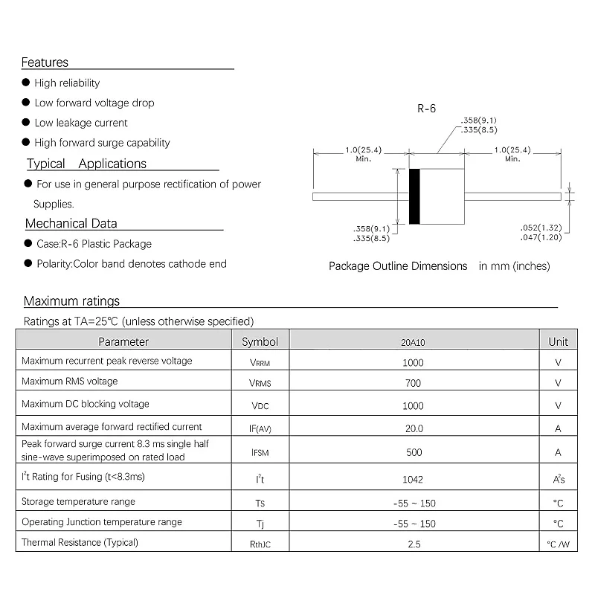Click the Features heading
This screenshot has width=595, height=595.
tap(45, 62)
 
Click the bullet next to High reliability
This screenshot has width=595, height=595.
tap(26, 83)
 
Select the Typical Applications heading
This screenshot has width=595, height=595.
tap(86, 164)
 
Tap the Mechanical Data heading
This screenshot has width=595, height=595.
tap(71, 223)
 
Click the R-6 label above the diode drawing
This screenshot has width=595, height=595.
tap(426, 109)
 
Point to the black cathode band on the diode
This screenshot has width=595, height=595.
tap(414, 196)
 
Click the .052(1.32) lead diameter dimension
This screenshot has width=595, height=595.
tap(541, 228)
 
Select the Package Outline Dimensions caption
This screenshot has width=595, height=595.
tap(398, 266)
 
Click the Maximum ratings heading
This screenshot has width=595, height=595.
tap(71, 301)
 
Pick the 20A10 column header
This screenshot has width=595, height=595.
tap(414, 342)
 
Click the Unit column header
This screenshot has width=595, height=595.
tap(558, 341)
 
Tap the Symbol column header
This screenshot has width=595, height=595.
tap(260, 341)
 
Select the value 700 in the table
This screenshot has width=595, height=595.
tap(414, 384)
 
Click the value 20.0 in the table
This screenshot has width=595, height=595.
tap(414, 428)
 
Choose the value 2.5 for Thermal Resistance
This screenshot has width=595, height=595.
tap(414, 544)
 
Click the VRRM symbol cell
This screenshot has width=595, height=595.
tap(260, 363)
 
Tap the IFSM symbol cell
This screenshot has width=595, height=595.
tap(260, 451)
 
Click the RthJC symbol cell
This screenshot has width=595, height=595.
tap(260, 544)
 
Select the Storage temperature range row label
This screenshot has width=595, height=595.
tap(78, 502)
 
